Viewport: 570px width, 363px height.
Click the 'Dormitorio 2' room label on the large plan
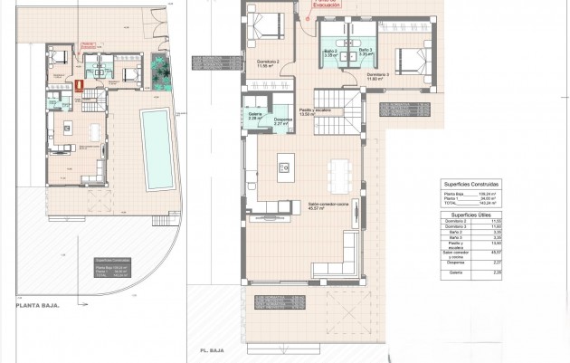coord(267,62)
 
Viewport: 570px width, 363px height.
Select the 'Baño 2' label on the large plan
coord(330,52)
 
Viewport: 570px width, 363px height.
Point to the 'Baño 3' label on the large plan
coord(364,52)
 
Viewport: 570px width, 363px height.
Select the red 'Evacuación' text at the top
coord(326,5)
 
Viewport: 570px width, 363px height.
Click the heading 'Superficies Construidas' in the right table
coord(470,184)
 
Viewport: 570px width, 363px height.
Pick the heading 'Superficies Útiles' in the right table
coord(470,214)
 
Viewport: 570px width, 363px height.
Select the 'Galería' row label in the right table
coord(450,270)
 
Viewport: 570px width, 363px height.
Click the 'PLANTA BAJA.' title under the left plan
coord(37,306)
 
